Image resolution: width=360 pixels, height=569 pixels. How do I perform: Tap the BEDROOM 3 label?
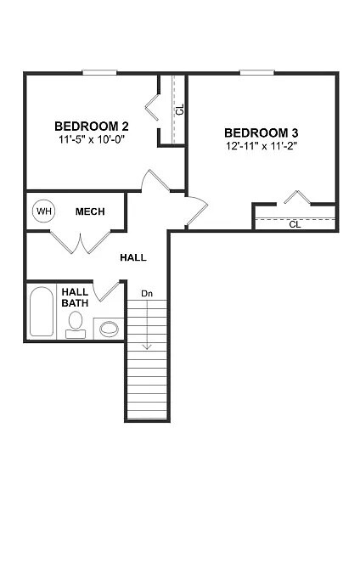[261, 132]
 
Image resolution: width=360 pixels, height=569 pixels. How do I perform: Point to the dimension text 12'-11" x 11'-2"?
[261, 146]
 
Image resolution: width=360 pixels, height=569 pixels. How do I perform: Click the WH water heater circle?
[42, 211]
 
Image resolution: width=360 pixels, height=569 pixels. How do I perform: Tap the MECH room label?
[90, 211]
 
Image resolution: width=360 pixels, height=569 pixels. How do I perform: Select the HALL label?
[133, 256]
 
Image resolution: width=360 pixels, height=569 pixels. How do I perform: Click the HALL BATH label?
[75, 297]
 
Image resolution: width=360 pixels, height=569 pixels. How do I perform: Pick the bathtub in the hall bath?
[41, 313]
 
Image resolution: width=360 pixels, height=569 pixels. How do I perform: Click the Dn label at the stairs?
[147, 294]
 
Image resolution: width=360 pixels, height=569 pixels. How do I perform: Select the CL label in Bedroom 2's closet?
[179, 110]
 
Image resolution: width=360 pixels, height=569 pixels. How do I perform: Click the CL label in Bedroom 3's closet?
[295, 225]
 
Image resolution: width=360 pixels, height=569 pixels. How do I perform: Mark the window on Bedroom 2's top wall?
[99, 72]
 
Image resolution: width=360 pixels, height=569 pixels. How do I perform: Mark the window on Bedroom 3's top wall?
[256, 72]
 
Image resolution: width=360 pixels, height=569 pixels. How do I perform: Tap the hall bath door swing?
[109, 290]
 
